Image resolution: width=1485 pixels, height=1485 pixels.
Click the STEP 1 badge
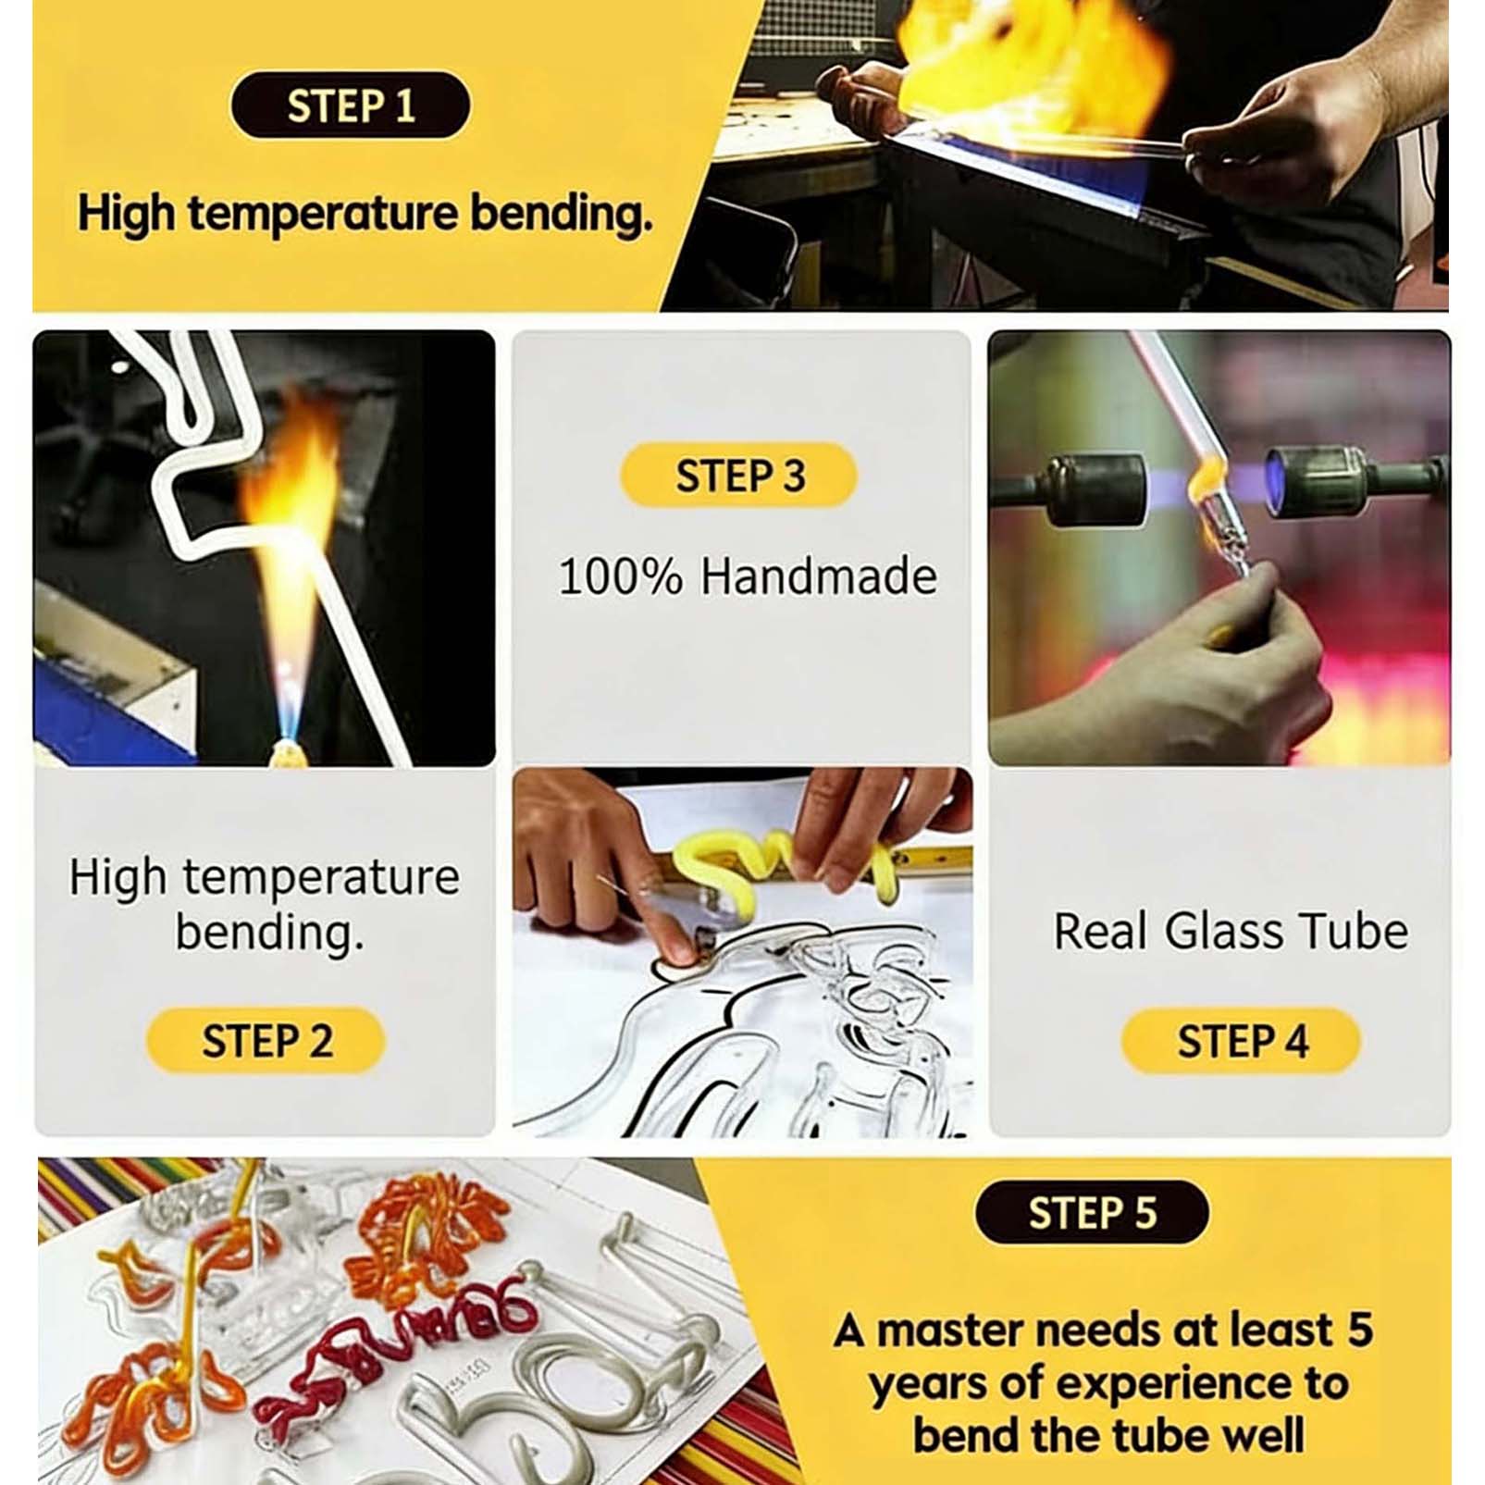click(x=350, y=105)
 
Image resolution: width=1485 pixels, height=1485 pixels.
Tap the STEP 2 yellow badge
click(x=266, y=1041)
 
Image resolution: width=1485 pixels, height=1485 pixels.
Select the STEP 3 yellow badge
click(x=739, y=476)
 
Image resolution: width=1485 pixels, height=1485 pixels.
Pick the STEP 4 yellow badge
click(x=1241, y=1041)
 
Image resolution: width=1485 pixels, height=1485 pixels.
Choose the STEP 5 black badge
click(x=1092, y=1212)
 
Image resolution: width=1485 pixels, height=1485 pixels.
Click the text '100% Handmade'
click(x=748, y=575)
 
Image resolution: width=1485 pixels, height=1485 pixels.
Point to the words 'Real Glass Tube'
click(x=1231, y=931)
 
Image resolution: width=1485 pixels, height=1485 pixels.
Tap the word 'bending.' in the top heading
click(x=562, y=213)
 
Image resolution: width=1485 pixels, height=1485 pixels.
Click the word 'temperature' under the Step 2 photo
click(x=321, y=877)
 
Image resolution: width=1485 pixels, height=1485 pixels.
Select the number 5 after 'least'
click(x=1359, y=1330)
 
